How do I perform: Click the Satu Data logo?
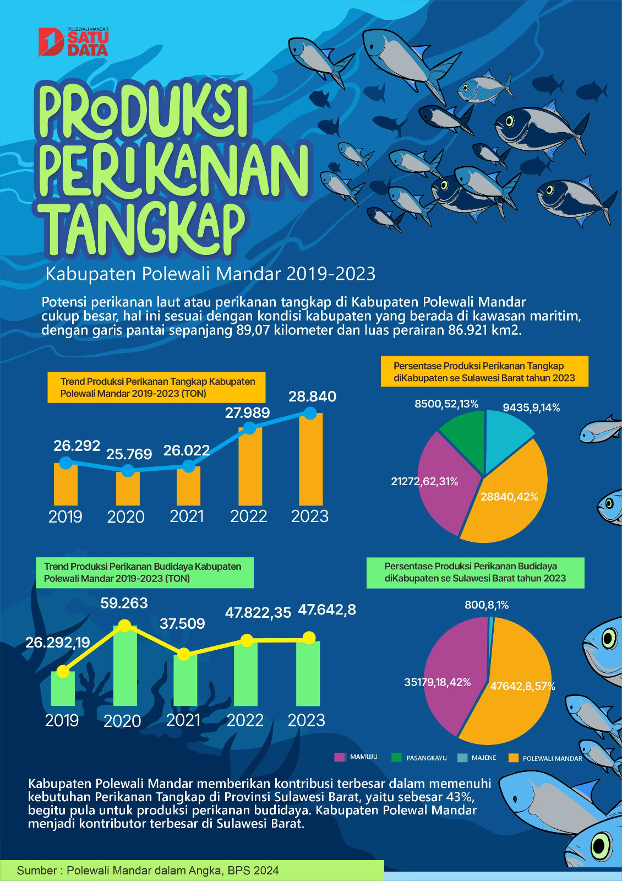point(73,42)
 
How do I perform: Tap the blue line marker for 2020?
point(128,471)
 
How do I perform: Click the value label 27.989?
point(247,413)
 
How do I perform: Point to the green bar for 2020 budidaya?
point(125,666)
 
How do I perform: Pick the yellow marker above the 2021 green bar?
point(184,654)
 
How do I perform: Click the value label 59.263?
point(124,603)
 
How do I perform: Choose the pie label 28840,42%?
point(509,497)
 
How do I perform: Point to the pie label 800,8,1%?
point(487,605)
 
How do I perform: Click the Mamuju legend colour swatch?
point(340,757)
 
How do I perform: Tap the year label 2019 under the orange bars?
point(66,517)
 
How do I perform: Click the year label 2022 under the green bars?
point(245,720)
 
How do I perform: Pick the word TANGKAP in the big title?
point(143,229)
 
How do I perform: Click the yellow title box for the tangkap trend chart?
point(156,387)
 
